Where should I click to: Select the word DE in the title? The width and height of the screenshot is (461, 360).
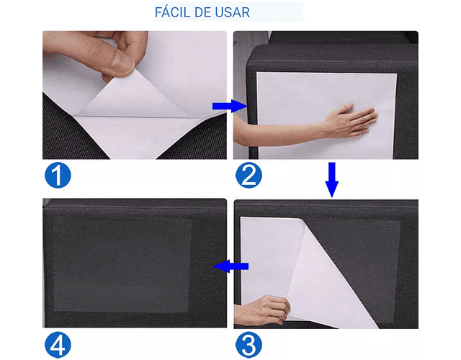pos(202,12)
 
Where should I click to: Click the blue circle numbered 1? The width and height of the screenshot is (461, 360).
pos(58,175)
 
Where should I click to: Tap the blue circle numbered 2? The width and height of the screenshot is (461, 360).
pos(249,175)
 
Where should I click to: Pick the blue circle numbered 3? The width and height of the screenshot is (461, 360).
pos(249,344)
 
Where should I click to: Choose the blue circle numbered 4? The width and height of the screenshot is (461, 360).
pos(58,344)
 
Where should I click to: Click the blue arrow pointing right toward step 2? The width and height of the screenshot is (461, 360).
pos(229,106)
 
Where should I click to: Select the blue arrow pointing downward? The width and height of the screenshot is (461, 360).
pos(331,180)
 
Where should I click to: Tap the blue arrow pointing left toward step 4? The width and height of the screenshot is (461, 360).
pos(231,266)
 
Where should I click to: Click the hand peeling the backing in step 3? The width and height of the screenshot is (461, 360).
pos(264,310)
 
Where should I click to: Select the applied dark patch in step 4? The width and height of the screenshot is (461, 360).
pos(122,265)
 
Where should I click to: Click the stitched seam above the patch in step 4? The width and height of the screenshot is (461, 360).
pos(135,207)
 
